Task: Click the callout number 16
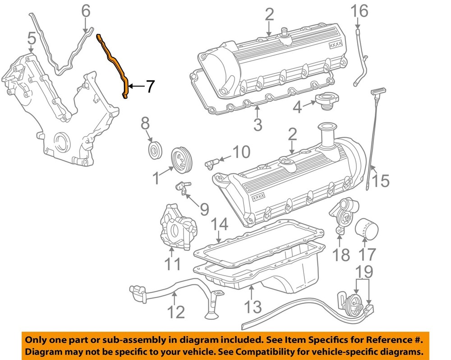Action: tap(360, 11)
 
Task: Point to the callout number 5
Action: tap(31, 40)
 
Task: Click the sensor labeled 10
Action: tap(213, 161)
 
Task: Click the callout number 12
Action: tap(176, 311)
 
